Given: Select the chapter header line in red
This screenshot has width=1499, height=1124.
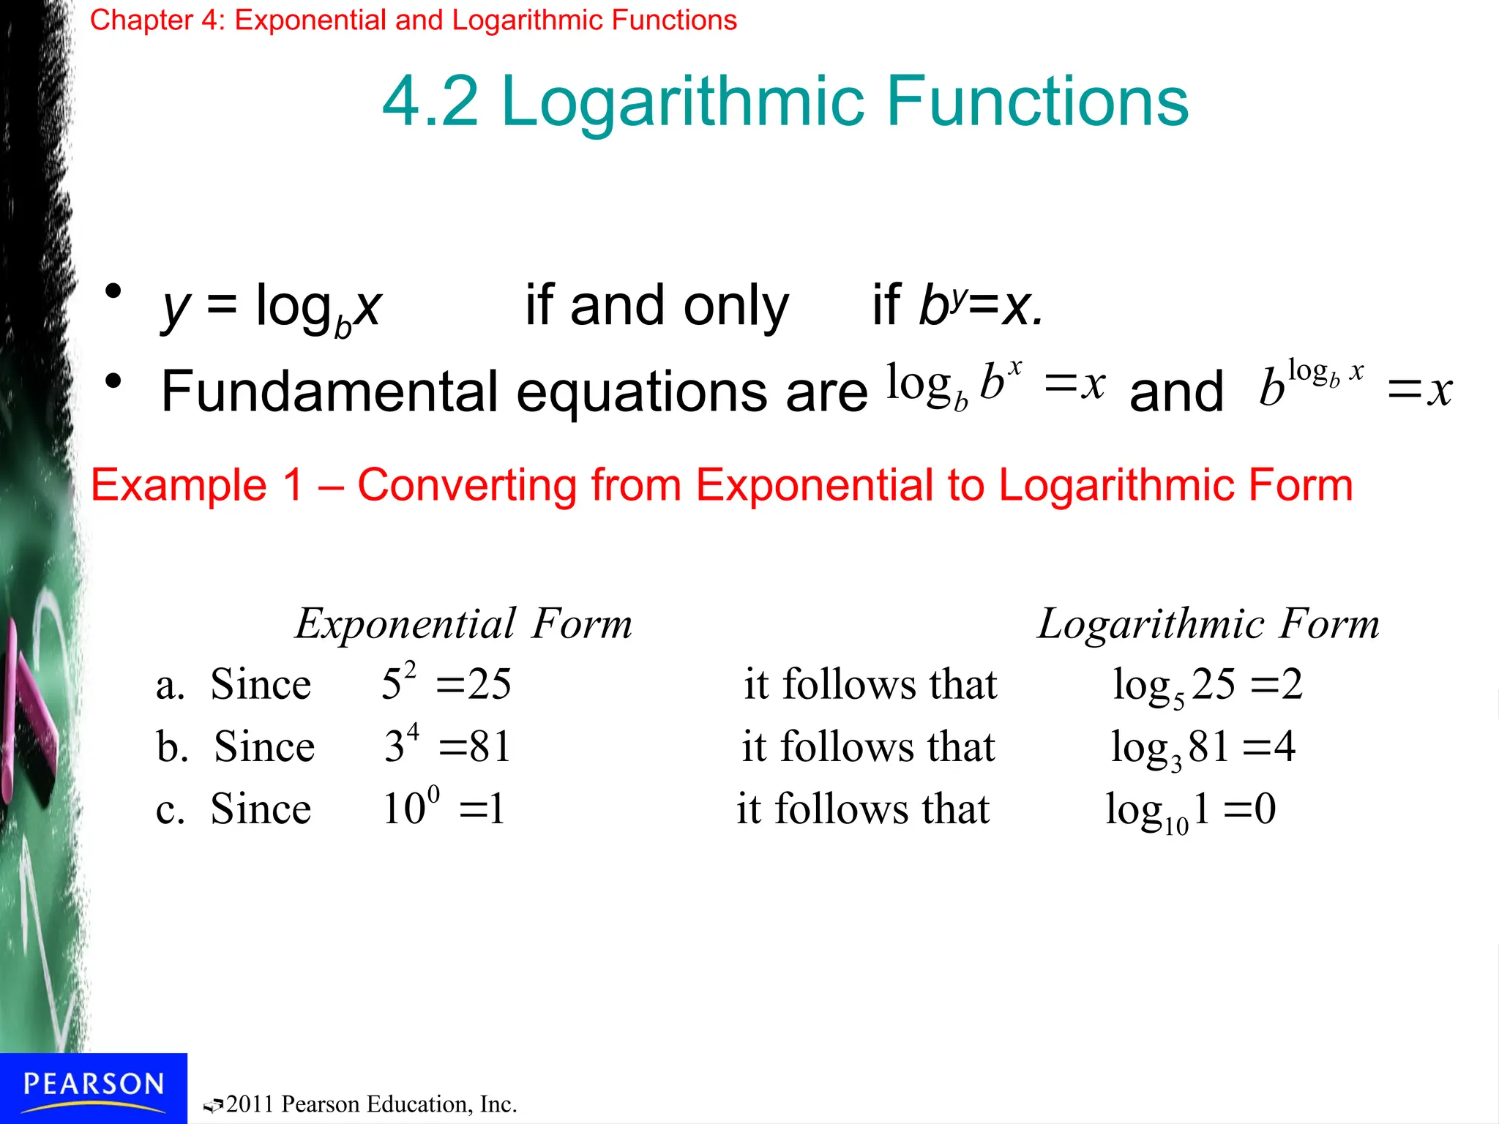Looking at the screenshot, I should [x=413, y=20].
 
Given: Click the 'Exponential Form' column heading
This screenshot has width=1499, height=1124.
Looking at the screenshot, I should [x=463, y=623].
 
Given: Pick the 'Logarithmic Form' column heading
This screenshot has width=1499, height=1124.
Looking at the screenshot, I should [x=1208, y=623].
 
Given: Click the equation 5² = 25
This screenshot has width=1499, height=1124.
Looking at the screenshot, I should [x=446, y=684].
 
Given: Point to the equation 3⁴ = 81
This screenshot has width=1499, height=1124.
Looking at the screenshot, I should [x=447, y=746].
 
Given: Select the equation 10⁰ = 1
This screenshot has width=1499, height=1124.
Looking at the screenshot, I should [x=444, y=809].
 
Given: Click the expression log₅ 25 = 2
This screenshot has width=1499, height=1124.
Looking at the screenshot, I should [x=1208, y=686].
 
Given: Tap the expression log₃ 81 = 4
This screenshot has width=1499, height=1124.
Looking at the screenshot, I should [x=1203, y=748].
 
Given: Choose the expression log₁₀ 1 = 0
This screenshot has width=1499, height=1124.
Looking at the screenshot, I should [x=1191, y=811].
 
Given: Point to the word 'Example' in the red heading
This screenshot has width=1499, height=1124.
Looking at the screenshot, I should [x=179, y=485].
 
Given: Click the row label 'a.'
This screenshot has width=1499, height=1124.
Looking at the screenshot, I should [x=170, y=686].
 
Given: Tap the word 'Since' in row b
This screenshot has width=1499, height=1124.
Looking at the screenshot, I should [x=264, y=746].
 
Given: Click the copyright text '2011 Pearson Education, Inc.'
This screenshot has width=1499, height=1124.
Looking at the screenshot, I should [x=371, y=1104].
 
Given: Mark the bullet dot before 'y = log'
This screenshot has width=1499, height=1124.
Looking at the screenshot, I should [x=113, y=292].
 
